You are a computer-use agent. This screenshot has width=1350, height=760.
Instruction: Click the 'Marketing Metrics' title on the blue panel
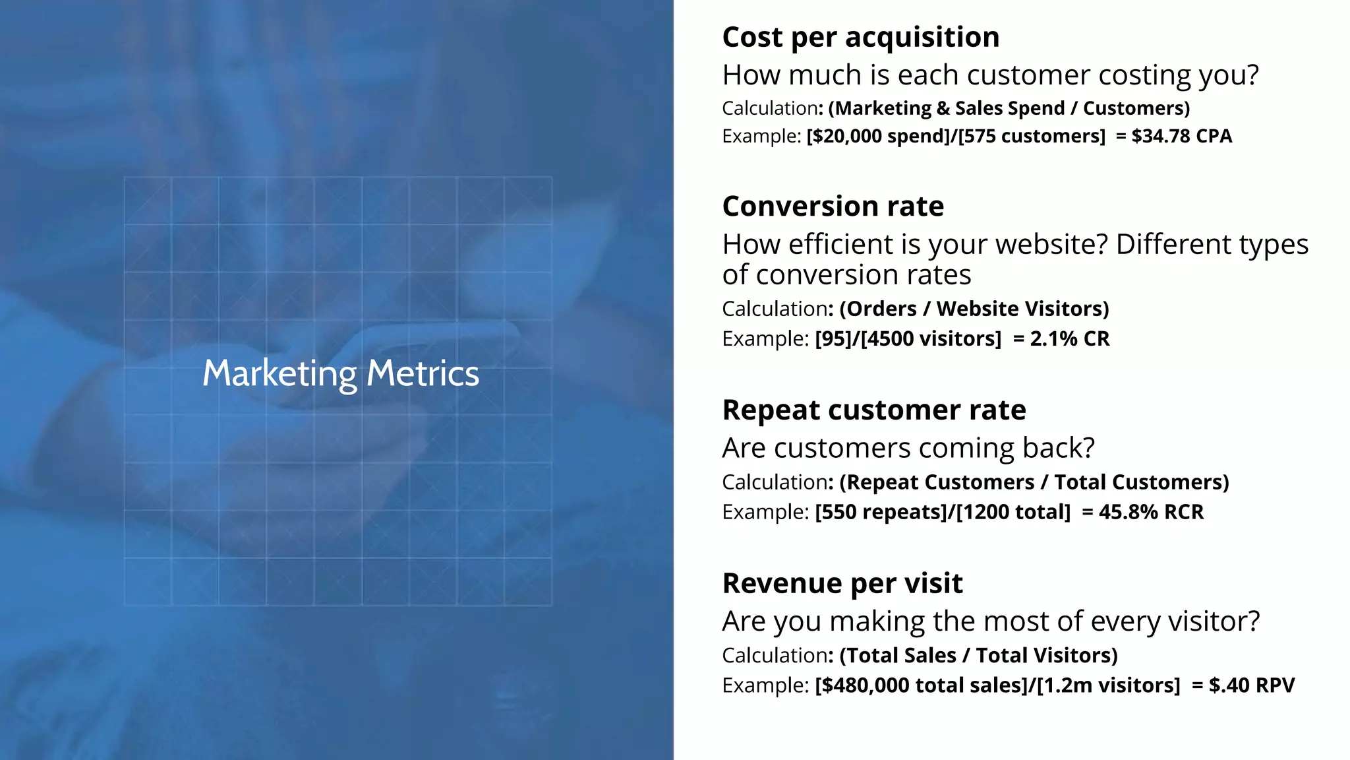pyautogui.click(x=341, y=373)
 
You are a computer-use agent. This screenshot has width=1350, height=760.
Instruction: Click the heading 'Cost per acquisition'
pyautogui.click(x=860, y=37)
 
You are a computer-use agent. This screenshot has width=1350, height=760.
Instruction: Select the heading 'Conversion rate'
pyautogui.click(x=833, y=206)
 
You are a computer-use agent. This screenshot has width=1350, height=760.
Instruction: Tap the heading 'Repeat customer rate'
pyautogui.click(x=874, y=410)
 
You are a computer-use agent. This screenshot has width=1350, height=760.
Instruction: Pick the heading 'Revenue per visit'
pyautogui.click(x=842, y=583)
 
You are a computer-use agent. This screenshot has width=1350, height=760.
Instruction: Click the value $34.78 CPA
pyautogui.click(x=1181, y=136)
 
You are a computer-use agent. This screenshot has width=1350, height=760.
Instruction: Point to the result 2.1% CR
pyautogui.click(x=1069, y=338)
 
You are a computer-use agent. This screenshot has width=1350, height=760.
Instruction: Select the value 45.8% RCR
pyautogui.click(x=1151, y=512)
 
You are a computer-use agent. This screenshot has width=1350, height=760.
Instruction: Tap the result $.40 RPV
pyautogui.click(x=1251, y=685)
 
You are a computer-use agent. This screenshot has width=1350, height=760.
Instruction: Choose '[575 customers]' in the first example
pyautogui.click(x=1032, y=136)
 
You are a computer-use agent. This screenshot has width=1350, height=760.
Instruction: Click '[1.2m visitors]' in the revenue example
pyautogui.click(x=1108, y=685)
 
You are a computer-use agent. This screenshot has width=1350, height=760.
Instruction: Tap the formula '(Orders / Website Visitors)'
pyautogui.click(x=974, y=309)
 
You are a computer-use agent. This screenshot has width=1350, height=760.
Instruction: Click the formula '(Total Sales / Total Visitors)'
pyautogui.click(x=978, y=656)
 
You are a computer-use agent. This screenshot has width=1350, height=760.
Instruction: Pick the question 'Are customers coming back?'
pyautogui.click(x=908, y=448)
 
